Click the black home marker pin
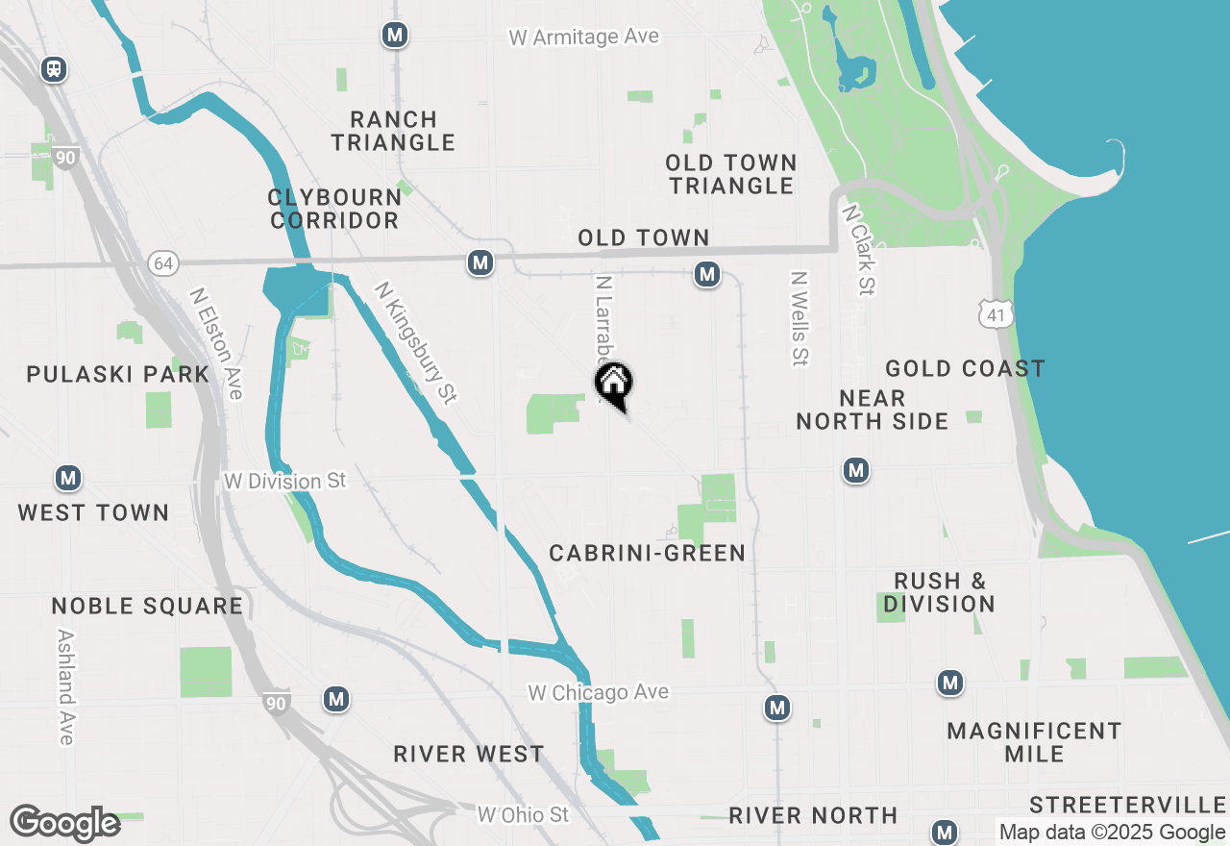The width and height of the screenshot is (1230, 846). click(614, 384)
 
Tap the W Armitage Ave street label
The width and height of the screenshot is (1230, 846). click(584, 37)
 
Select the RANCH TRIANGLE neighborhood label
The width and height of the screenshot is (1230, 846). click(393, 131)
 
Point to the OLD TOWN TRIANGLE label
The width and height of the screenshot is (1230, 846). click(731, 174)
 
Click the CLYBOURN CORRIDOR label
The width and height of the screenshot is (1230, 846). click(334, 209)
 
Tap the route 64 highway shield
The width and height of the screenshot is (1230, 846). click(162, 262)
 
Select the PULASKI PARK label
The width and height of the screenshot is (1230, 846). click(118, 374)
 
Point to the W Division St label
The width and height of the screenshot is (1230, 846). click(283, 480)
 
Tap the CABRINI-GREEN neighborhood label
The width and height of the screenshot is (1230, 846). click(648, 553)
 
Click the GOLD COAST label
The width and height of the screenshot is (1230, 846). click(965, 368)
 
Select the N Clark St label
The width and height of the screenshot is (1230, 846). click(860, 249)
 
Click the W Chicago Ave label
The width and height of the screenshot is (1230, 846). click(599, 692)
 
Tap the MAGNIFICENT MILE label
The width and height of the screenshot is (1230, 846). click(1034, 742)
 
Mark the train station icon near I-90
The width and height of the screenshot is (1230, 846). click(54, 69)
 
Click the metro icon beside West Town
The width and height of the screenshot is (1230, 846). click(67, 478)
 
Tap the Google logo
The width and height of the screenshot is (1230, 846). click(64, 823)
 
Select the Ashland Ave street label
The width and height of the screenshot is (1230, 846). click(65, 686)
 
